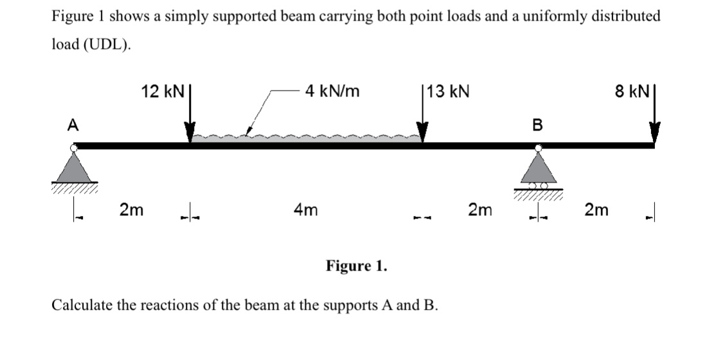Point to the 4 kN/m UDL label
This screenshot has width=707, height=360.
332,92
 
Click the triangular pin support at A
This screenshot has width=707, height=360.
75,168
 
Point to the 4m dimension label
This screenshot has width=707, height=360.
305,209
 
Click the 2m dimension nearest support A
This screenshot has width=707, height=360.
132,209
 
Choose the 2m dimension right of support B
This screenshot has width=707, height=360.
596,209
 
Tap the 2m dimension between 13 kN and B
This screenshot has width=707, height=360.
480,209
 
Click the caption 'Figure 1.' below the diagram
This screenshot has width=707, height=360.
357,265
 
